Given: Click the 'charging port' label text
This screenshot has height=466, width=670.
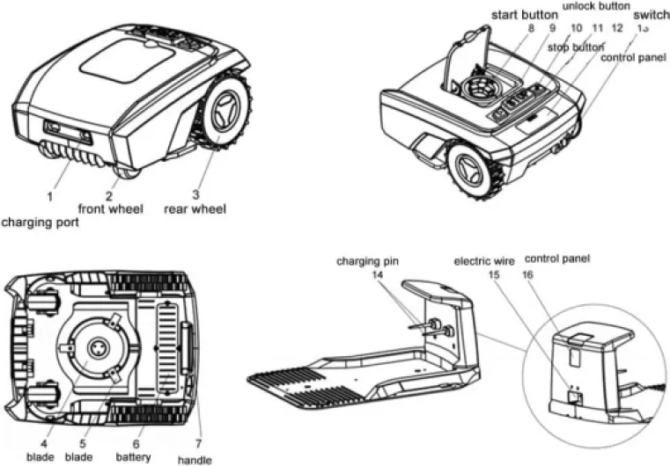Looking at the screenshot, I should click(40, 222).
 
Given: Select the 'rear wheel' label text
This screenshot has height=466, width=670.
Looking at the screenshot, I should click(195, 208).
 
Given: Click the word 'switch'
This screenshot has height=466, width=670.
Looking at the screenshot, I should click(650, 15).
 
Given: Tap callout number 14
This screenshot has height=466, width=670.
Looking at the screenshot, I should click(378, 274).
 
